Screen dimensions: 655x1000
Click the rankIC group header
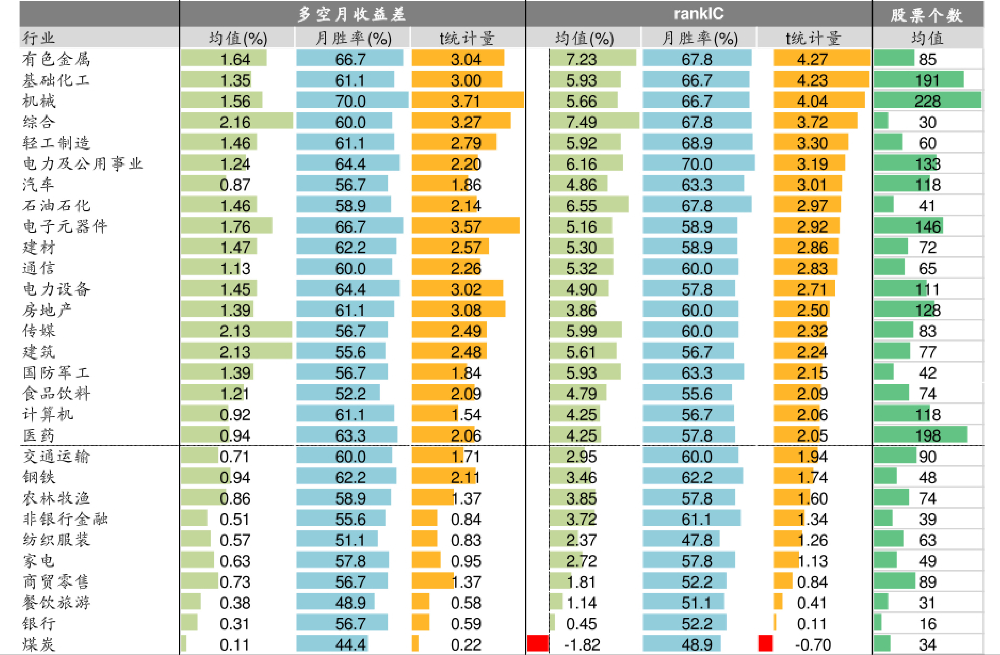point(698,14)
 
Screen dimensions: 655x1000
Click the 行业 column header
point(39,38)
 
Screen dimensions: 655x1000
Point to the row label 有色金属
point(56,59)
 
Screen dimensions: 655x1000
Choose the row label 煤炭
point(39,644)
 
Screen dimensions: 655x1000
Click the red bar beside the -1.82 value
point(538,643)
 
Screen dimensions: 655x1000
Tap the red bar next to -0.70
point(765,643)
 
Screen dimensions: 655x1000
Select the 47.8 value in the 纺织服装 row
point(697,540)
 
